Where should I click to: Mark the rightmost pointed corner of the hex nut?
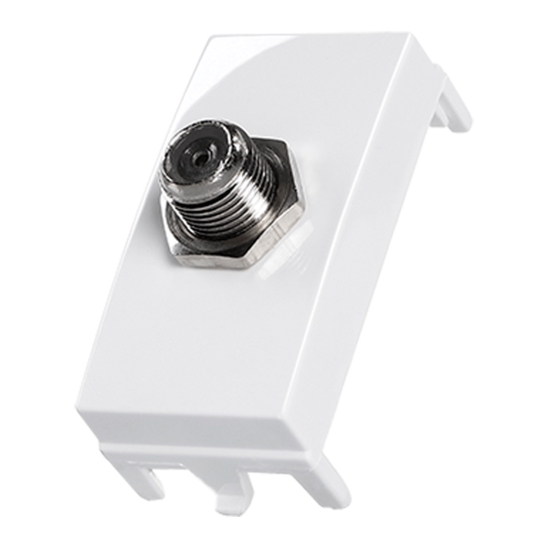(304, 213)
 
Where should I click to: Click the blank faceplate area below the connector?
(201, 347)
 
